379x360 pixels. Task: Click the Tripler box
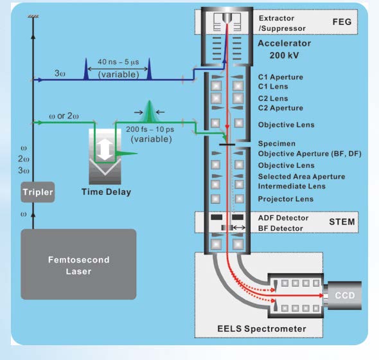(x=38, y=192)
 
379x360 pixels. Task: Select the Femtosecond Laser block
(x=78, y=264)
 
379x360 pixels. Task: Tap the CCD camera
(x=343, y=296)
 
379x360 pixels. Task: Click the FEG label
(x=342, y=22)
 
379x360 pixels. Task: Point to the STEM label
(x=342, y=222)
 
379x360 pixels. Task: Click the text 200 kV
(x=284, y=55)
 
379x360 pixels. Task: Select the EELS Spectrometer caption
(x=261, y=328)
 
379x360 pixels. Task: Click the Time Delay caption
(x=107, y=192)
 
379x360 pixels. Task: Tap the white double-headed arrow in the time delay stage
(x=105, y=149)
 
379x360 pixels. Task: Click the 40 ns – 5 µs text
(x=118, y=62)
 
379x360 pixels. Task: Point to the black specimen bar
(x=227, y=145)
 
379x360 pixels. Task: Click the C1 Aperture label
(x=280, y=77)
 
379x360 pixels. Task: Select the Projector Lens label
(x=286, y=199)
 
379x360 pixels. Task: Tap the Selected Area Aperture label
(x=301, y=177)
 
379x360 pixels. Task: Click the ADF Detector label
(x=283, y=218)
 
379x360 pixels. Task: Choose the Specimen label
(x=277, y=144)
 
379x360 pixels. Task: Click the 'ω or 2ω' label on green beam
(x=64, y=116)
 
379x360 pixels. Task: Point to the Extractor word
(x=276, y=18)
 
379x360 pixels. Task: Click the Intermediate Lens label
(x=292, y=186)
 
